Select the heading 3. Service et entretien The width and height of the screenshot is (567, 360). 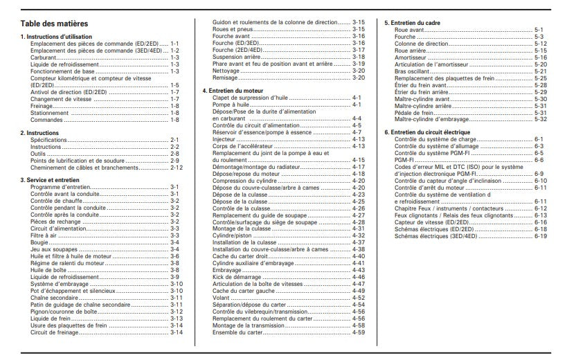(x=50, y=180)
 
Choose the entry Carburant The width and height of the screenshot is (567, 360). (x=44, y=57)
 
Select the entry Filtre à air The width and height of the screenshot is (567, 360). (x=44, y=235)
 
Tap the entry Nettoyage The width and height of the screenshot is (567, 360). (x=226, y=70)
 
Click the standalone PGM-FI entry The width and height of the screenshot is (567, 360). (x=405, y=159)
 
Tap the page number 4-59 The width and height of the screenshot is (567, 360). (x=359, y=332)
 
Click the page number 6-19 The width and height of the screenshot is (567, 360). (x=540, y=235)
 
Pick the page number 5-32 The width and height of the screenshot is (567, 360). (x=541, y=118)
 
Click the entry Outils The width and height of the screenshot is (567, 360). (x=38, y=153)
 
